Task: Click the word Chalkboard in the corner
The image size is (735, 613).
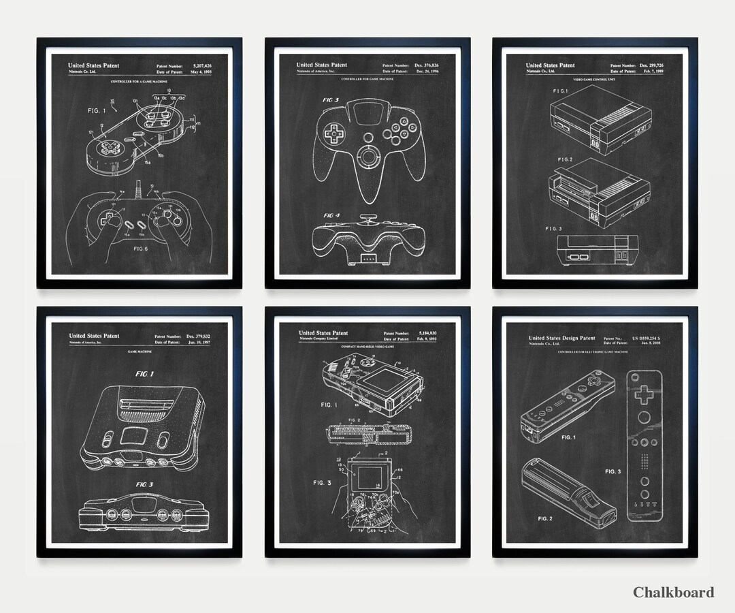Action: (673, 592)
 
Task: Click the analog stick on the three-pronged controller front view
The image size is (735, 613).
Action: (367, 155)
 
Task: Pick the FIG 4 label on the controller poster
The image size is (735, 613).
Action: (332, 215)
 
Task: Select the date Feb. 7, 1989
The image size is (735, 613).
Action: (657, 71)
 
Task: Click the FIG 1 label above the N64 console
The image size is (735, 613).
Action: (144, 374)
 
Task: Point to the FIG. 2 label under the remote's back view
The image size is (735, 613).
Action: (545, 518)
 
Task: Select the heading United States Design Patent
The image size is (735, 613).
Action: (561, 338)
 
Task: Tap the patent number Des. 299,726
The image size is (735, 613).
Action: (656, 65)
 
